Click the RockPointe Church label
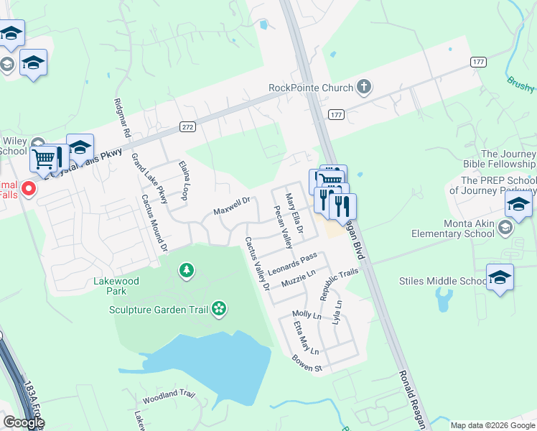[311, 88]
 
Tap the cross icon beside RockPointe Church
[364, 88]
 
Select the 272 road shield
[187, 126]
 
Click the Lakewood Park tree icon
[187, 270]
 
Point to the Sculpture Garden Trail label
[159, 310]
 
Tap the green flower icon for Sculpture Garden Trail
[219, 310]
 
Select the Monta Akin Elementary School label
[453, 228]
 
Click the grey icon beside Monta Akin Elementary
[505, 228]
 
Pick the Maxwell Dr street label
[231, 208]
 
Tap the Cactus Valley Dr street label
[256, 263]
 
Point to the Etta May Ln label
[305, 338]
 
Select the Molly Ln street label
[307, 315]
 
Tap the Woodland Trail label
[169, 395]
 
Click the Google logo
[23, 422]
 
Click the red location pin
[29, 190]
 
